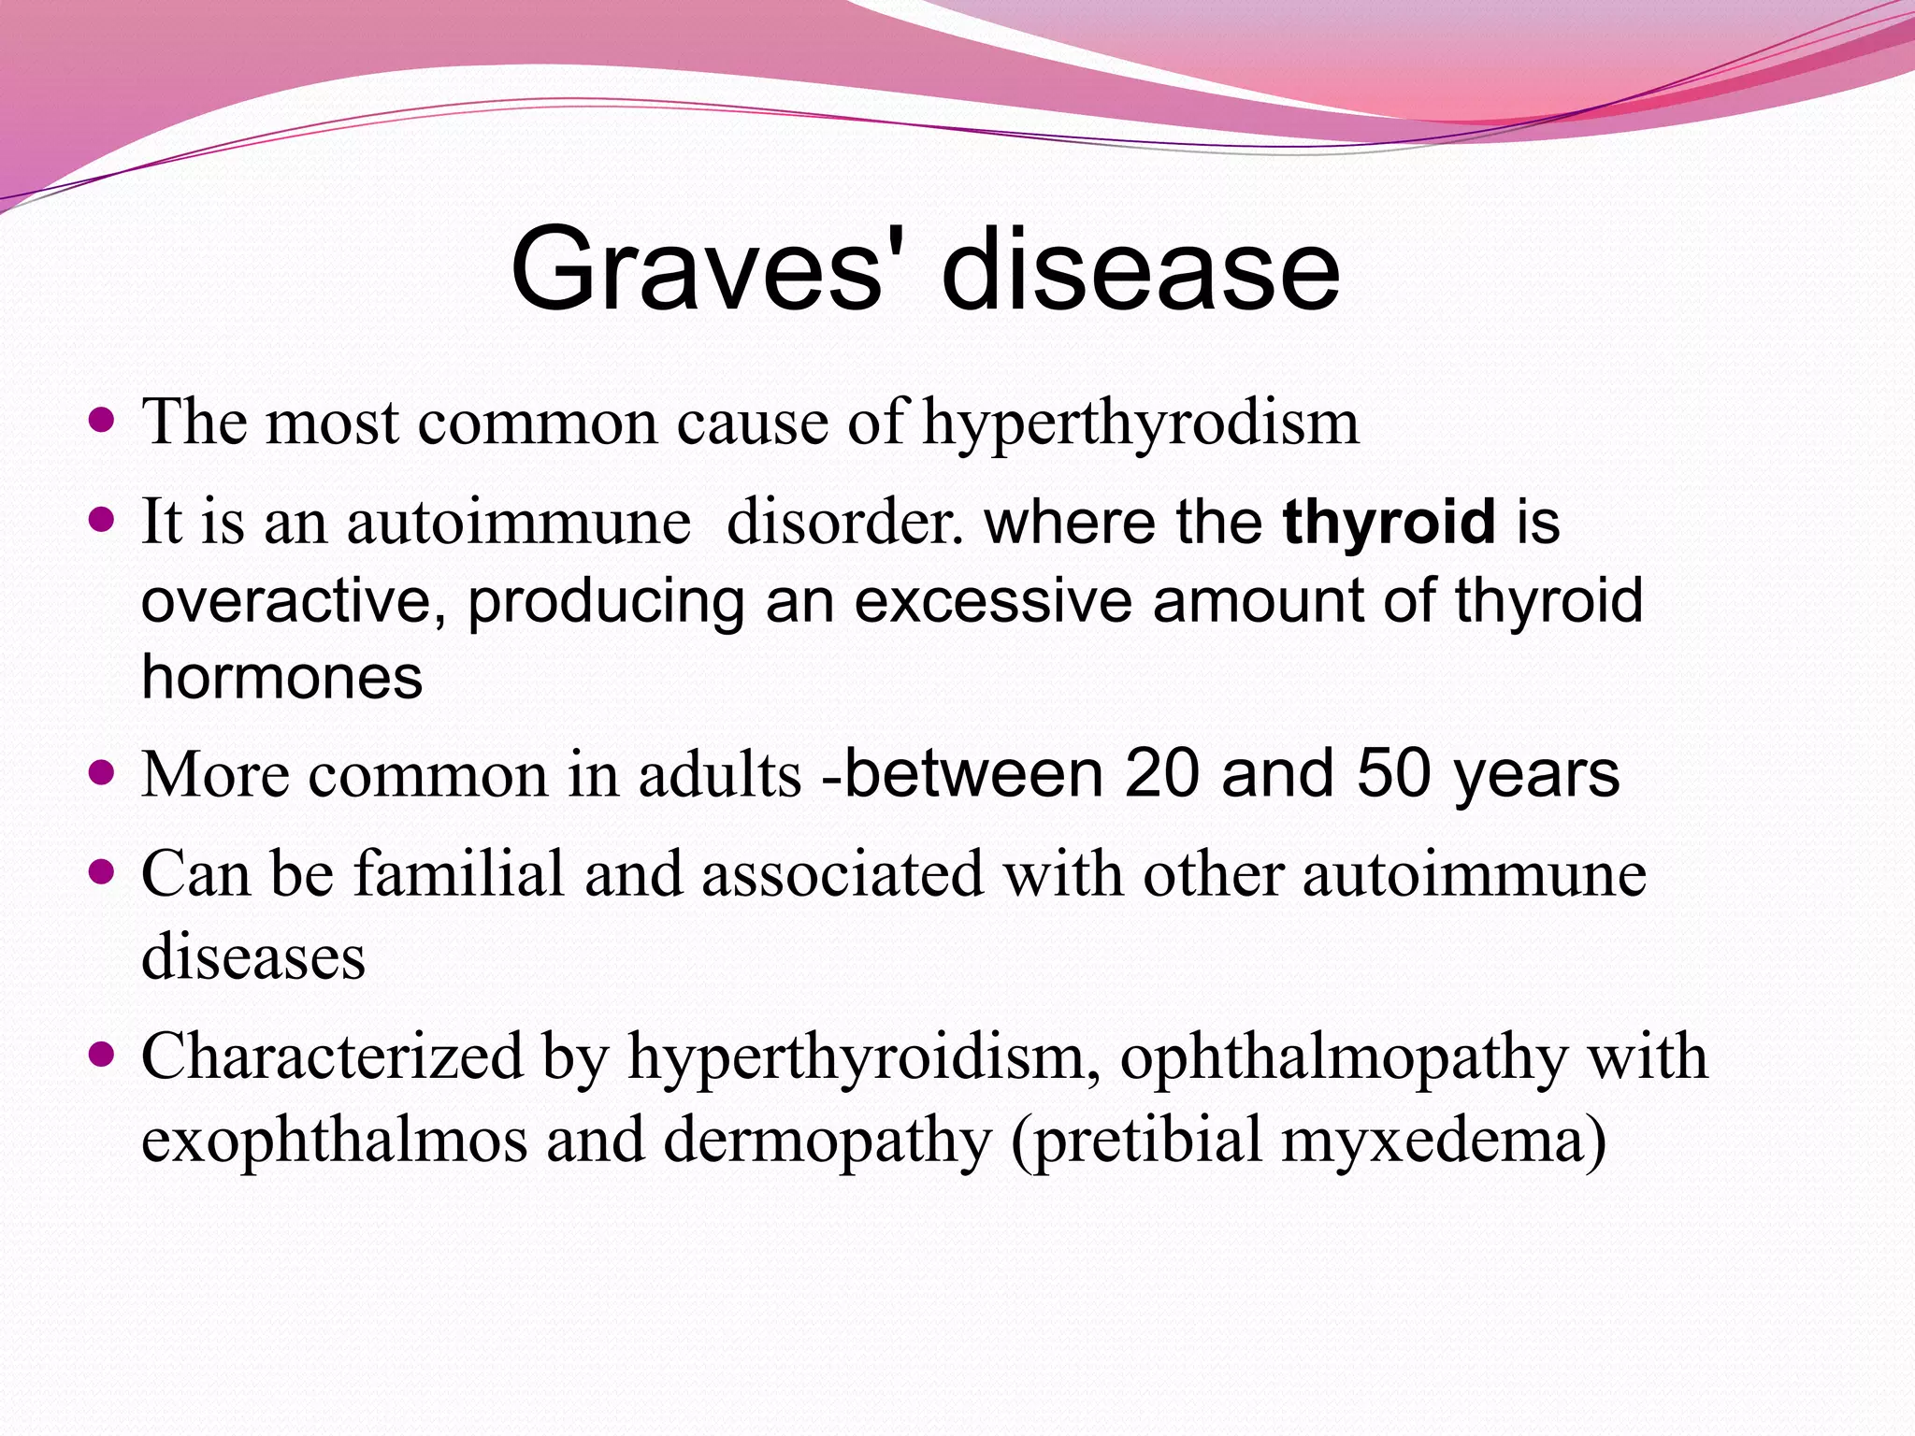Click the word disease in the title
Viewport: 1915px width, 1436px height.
pyautogui.click(x=1140, y=271)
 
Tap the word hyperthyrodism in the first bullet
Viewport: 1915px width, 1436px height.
pyautogui.click(x=1140, y=424)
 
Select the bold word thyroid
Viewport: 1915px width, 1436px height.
pyautogui.click(x=1389, y=522)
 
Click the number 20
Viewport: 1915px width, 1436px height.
pyautogui.click(x=1161, y=774)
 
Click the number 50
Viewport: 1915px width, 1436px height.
pyautogui.click(x=1393, y=774)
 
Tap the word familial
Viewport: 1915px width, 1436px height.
pyautogui.click(x=458, y=875)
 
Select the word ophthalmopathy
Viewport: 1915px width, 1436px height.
pyautogui.click(x=1343, y=1057)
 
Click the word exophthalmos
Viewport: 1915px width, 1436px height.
pyautogui.click(x=334, y=1141)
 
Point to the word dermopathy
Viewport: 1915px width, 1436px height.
pyautogui.click(x=827, y=1141)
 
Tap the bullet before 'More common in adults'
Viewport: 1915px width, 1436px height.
pyautogui.click(x=101, y=772)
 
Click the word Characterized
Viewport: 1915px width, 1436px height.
pyautogui.click(x=332, y=1057)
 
